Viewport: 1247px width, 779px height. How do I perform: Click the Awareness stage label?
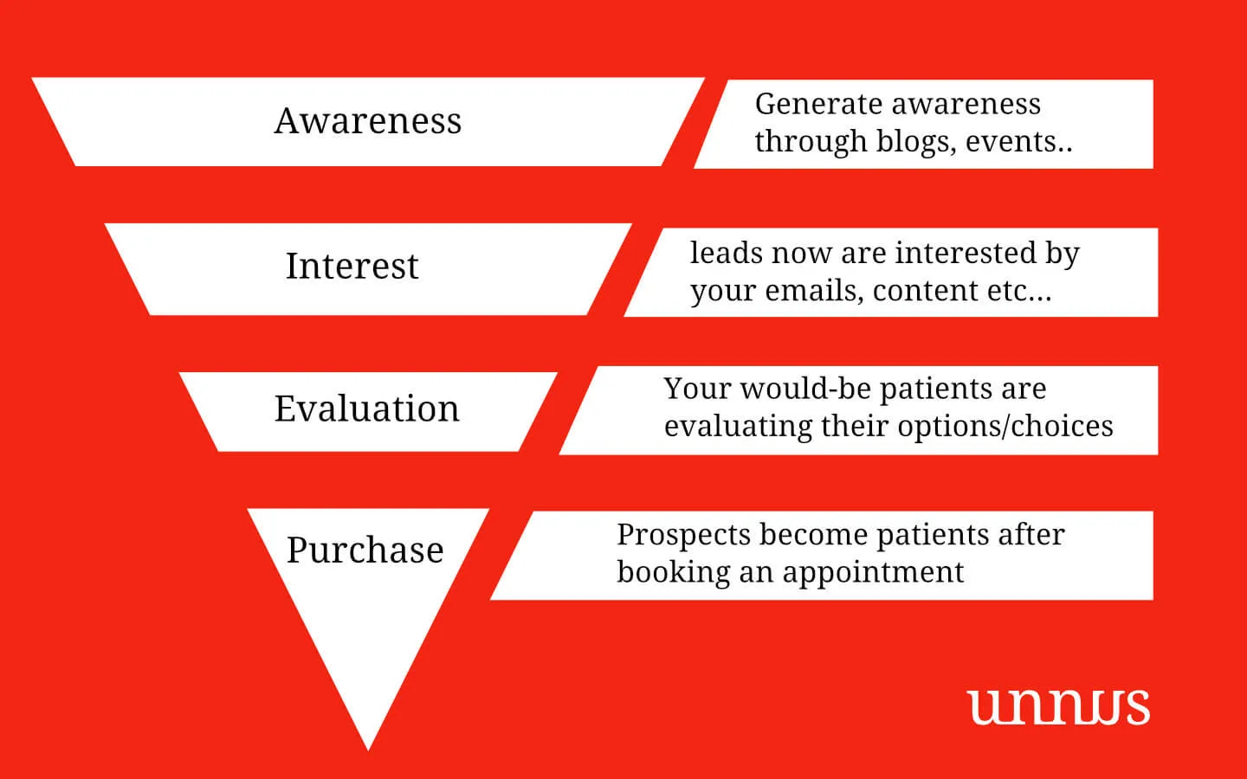tap(368, 121)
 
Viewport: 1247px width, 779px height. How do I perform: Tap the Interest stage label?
tap(352, 266)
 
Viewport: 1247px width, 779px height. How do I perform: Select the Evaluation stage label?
tap(366, 409)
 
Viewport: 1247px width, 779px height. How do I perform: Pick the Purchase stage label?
tap(365, 550)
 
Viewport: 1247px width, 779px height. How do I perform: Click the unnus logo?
tap(1058, 706)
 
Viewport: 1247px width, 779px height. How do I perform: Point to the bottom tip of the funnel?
tap(368, 746)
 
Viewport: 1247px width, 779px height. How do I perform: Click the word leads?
tap(726, 253)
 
